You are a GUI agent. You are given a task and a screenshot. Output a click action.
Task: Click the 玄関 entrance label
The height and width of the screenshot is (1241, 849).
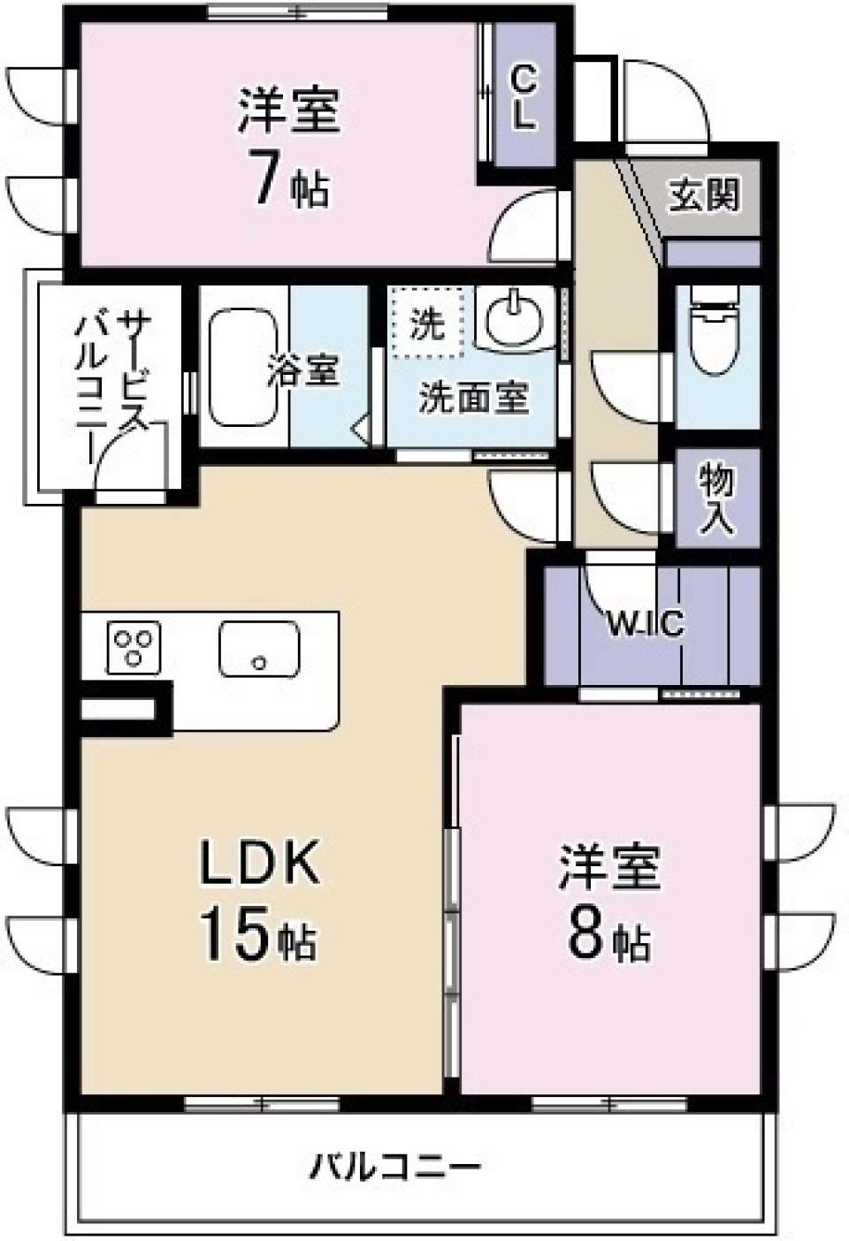coord(703,194)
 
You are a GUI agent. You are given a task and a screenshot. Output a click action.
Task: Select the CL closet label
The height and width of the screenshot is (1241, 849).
coord(524,98)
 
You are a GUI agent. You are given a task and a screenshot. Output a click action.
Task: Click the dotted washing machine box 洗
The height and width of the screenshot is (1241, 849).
coord(428,324)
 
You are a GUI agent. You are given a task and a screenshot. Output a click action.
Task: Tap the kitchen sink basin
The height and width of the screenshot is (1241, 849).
coord(259,650)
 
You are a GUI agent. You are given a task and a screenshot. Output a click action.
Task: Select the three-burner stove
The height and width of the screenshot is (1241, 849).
coord(134,647)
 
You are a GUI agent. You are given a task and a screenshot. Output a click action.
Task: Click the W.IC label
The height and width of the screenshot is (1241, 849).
coord(645,625)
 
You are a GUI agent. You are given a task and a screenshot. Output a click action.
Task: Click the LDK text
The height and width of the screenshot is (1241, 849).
coord(258,864)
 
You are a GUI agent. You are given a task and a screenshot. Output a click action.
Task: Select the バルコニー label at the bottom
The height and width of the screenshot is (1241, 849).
coord(394,1167)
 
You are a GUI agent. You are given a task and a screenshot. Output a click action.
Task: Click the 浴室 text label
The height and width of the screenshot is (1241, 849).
coord(303,371)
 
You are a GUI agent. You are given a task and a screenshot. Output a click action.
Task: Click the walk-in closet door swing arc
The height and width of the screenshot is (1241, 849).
coord(610,583)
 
